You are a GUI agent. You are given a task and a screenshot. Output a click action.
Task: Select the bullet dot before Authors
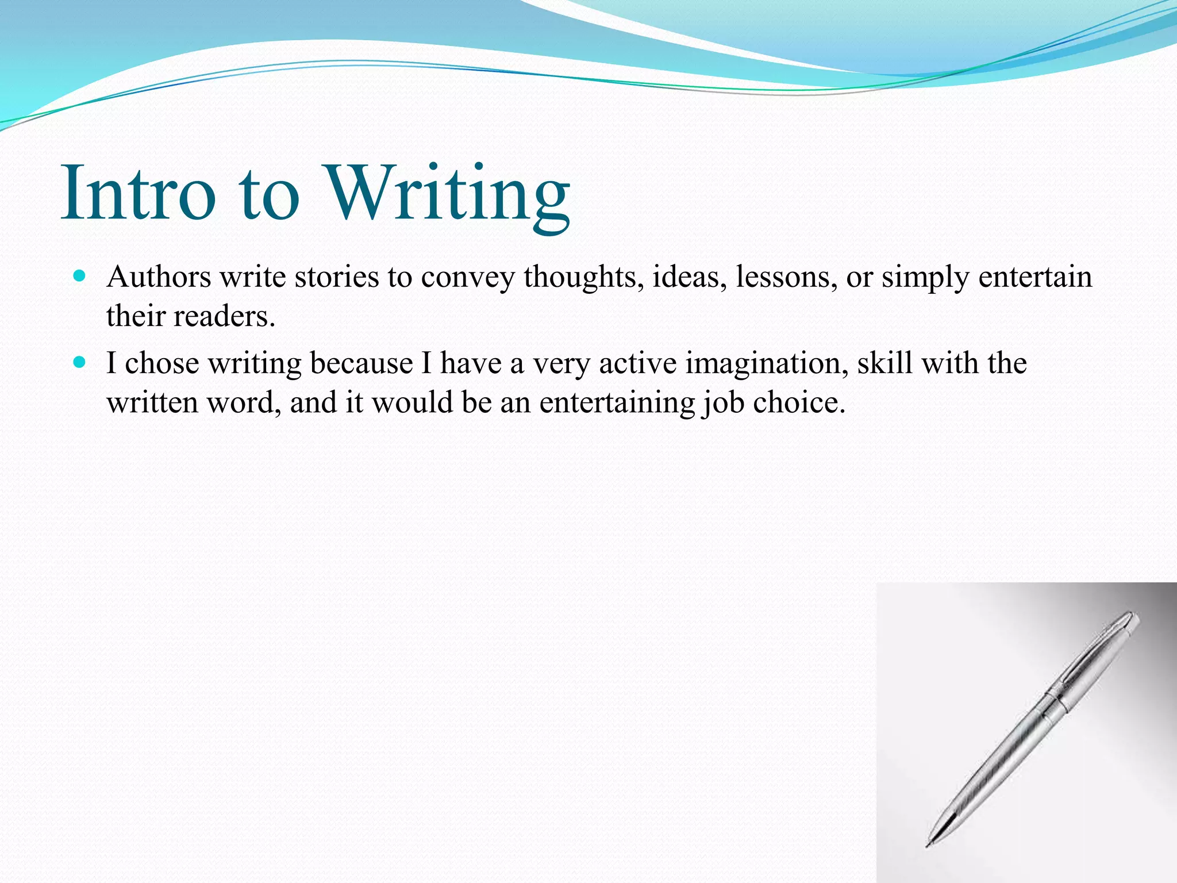pyautogui.click(x=80, y=276)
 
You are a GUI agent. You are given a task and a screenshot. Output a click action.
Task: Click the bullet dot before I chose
pyautogui.click(x=80, y=362)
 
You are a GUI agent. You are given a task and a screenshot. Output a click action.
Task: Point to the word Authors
pyautogui.click(x=159, y=277)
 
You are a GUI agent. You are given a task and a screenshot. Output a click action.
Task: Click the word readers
pyautogui.click(x=224, y=316)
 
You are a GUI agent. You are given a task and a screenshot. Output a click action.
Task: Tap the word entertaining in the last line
pyautogui.click(x=617, y=402)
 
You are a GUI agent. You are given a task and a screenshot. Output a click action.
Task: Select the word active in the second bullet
pyautogui.click(x=637, y=363)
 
